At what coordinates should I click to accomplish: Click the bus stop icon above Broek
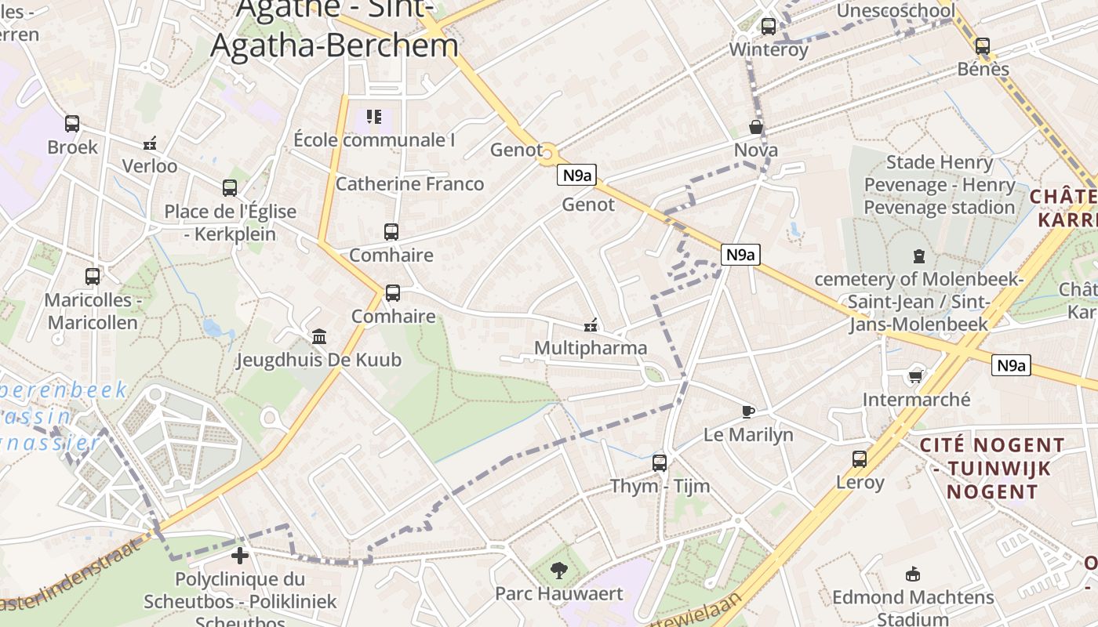(72, 124)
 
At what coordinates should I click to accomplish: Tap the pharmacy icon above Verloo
(150, 143)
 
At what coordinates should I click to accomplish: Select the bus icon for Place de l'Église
(229, 188)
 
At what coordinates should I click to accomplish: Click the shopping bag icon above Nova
(756, 127)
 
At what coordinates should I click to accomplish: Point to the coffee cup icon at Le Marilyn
(748, 411)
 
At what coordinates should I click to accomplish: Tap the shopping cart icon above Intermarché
(915, 377)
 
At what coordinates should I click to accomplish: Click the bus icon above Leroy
(860, 459)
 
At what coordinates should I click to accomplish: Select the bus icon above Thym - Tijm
(660, 463)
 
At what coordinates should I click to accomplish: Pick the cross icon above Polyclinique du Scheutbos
(240, 556)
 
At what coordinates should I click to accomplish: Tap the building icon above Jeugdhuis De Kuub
(319, 337)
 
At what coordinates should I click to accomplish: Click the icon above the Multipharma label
(591, 325)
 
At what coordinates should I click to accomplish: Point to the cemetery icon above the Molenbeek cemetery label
(918, 256)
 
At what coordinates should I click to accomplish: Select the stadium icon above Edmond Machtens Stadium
(912, 574)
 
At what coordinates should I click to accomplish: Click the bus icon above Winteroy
(769, 27)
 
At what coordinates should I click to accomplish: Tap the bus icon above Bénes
(983, 46)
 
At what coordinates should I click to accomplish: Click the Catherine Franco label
(409, 184)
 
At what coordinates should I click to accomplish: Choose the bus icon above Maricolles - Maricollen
(93, 277)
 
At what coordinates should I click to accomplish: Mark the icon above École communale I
(374, 118)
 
